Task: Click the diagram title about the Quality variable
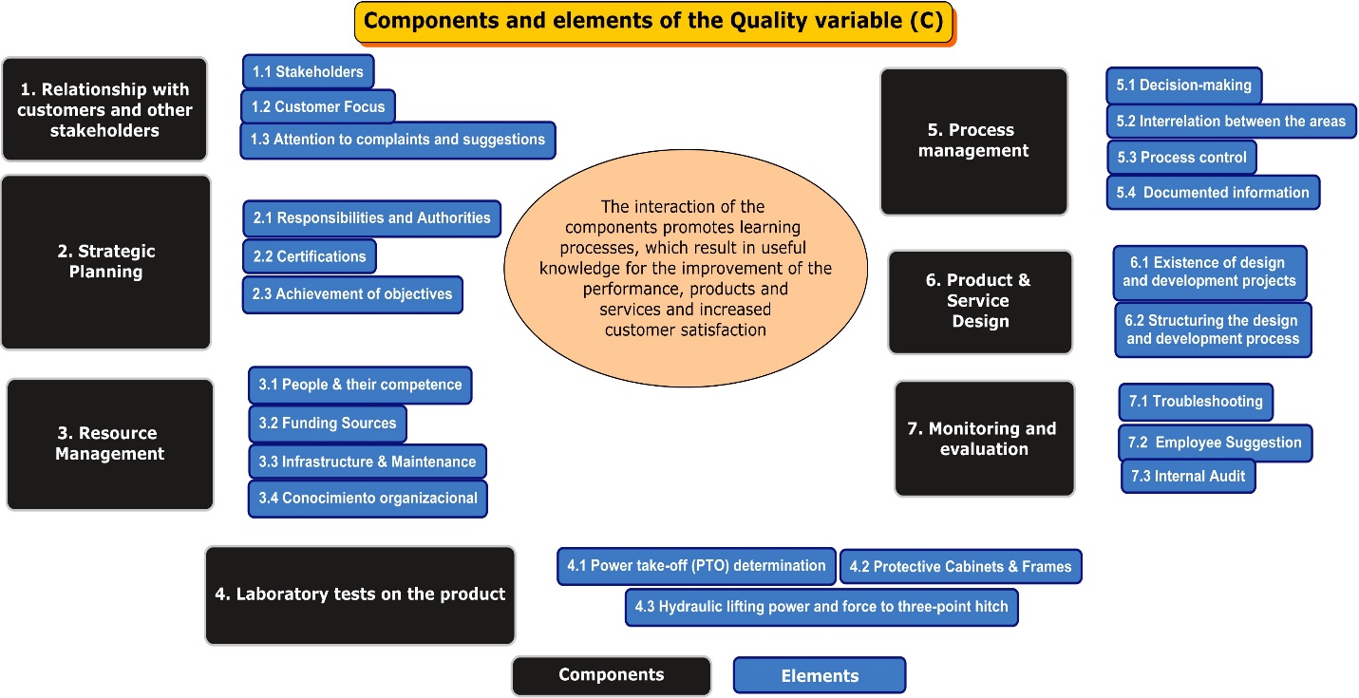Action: pyautogui.click(x=653, y=23)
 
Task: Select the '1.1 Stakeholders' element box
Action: pyautogui.click(x=308, y=72)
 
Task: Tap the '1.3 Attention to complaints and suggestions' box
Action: pyautogui.click(x=397, y=140)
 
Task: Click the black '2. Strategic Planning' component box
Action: pyautogui.click(x=105, y=262)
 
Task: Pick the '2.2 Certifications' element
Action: pyautogui.click(x=309, y=256)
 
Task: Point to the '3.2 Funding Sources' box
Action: pyautogui.click(x=327, y=424)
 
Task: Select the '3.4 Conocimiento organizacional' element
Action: pyautogui.click(x=368, y=499)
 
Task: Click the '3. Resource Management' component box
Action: pyautogui.click(x=109, y=444)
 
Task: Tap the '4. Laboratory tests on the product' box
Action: pyautogui.click(x=360, y=595)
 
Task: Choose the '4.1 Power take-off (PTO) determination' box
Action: pyautogui.click(x=696, y=566)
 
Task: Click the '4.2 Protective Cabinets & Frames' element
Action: pyautogui.click(x=960, y=567)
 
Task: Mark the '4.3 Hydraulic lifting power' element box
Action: pyautogui.click(x=821, y=607)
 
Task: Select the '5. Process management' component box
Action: pyautogui.click(x=973, y=141)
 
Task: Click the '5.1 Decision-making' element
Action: pyautogui.click(x=1183, y=85)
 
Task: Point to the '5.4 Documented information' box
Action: pyautogui.click(x=1213, y=192)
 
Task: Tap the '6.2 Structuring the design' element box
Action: pyautogui.click(x=1213, y=330)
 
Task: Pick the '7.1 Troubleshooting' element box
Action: pyautogui.click(x=1196, y=402)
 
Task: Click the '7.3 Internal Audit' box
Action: pyautogui.click(x=1188, y=477)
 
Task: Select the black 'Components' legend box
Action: pyautogui.click(x=611, y=675)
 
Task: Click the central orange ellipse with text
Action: pyautogui.click(x=685, y=268)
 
